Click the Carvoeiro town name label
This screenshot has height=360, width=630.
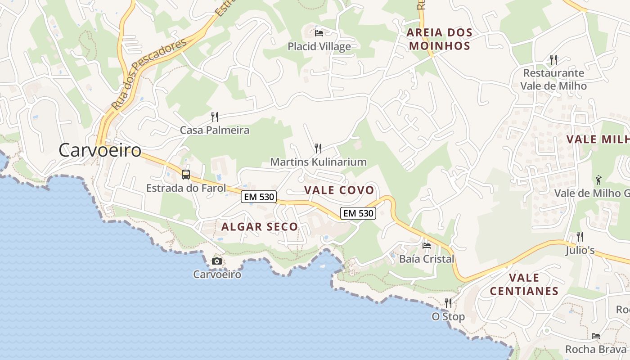tap(100, 150)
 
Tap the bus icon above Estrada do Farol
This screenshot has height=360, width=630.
tap(185, 175)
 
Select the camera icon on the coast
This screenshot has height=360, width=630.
tap(217, 261)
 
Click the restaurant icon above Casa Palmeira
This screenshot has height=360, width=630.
tap(215, 117)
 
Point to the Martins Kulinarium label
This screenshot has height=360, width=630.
tap(318, 162)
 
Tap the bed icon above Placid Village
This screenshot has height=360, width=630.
tap(319, 33)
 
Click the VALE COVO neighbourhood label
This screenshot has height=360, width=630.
tap(339, 190)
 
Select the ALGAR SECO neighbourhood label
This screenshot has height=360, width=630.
tap(260, 227)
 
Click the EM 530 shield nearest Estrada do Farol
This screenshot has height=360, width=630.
tap(258, 197)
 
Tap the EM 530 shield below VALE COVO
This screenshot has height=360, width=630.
tap(358, 213)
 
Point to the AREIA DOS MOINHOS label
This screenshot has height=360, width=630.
tap(440, 39)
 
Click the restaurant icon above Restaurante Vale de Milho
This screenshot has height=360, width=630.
tap(553, 59)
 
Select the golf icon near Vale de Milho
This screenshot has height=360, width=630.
tap(598, 180)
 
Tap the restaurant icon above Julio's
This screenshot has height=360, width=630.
tap(580, 236)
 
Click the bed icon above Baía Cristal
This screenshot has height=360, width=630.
tap(426, 246)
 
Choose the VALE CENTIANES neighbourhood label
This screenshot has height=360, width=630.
tap(524, 284)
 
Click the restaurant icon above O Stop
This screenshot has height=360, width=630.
tap(448, 303)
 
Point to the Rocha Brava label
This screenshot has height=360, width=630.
tap(595, 349)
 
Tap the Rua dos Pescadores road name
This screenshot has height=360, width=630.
tap(149, 75)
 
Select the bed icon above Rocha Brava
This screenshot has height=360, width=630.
tap(596, 336)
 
